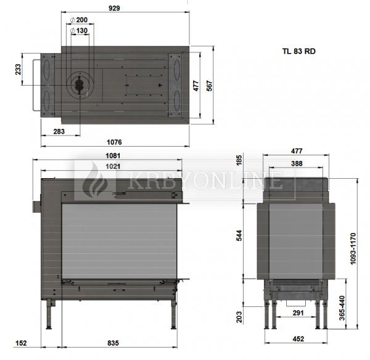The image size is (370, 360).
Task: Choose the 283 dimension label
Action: pos(60,131)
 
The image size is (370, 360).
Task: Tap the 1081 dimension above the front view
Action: pos(113,156)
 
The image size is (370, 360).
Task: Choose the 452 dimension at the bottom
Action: pos(297,338)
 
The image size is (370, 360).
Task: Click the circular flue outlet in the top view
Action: pos(79,85)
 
